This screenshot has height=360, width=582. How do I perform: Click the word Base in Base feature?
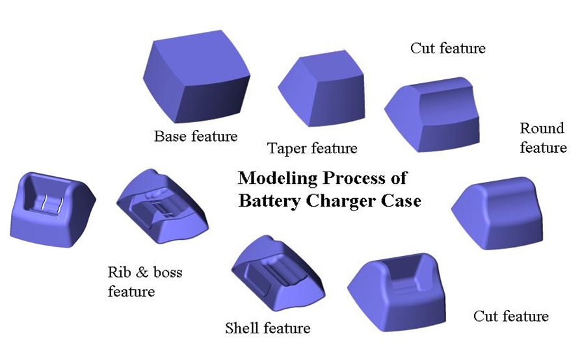[x=170, y=136]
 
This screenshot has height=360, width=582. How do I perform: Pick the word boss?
[x=165, y=272]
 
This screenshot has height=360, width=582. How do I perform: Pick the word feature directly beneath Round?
[x=543, y=148]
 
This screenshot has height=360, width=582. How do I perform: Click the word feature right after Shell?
[x=286, y=328]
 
